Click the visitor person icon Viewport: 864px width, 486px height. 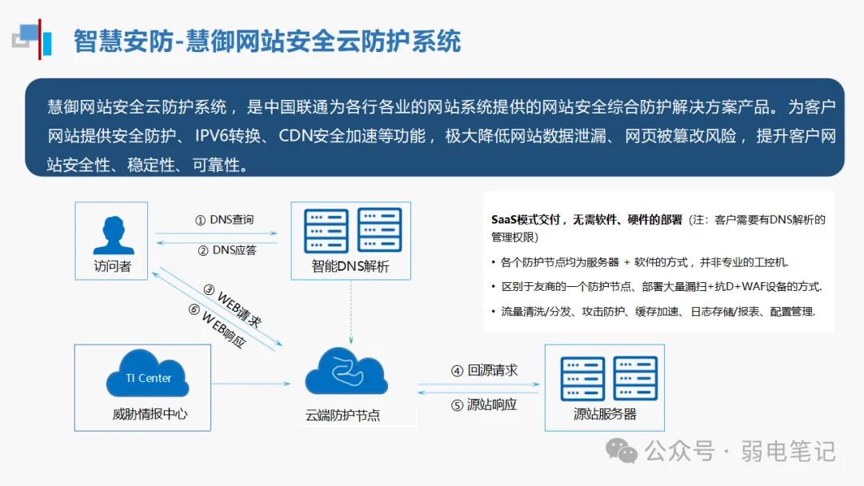(x=112, y=234)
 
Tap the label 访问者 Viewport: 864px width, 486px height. (x=112, y=266)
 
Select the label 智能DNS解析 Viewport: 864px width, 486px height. (x=350, y=266)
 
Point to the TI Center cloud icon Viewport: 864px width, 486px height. (x=147, y=378)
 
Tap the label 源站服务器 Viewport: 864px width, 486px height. (x=605, y=414)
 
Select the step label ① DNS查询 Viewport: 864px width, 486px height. (x=225, y=220)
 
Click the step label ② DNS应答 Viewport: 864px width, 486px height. (x=226, y=250)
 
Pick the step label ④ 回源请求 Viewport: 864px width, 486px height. (x=484, y=371)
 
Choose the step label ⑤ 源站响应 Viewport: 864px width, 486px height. (x=484, y=404)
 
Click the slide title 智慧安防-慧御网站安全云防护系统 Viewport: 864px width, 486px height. (x=267, y=41)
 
